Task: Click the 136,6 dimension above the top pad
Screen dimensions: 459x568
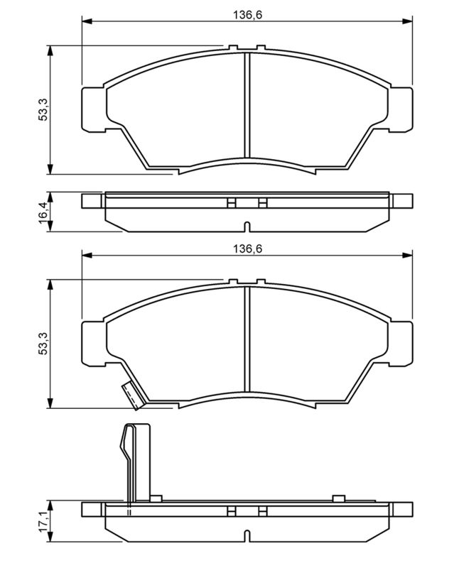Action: pos(247,15)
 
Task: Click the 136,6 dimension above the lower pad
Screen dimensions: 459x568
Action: pos(247,249)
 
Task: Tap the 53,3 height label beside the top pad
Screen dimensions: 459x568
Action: pos(43,111)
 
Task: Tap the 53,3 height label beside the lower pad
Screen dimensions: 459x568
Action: pos(43,344)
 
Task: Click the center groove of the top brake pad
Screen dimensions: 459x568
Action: pos(247,105)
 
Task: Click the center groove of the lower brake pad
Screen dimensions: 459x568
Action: pos(247,339)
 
